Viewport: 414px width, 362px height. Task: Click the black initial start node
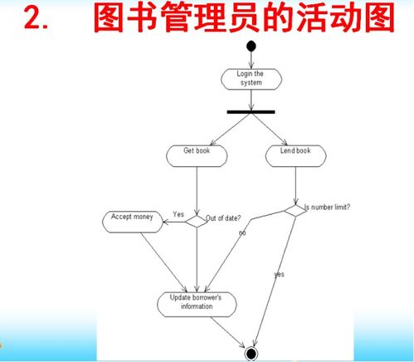pos(251,46)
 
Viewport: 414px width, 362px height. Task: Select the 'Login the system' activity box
pos(251,79)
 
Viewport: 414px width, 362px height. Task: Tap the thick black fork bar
pos(251,112)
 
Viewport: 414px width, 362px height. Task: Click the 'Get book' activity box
pos(197,156)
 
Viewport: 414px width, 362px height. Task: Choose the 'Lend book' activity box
pos(296,156)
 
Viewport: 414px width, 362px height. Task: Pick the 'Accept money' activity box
pos(133,222)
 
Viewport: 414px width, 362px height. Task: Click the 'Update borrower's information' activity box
pos(197,305)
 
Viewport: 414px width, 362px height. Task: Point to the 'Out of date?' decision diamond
pos(197,222)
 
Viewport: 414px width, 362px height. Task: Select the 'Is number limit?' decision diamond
pos(295,211)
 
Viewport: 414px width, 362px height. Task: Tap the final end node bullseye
pos(251,354)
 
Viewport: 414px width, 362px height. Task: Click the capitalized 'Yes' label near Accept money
pos(178,214)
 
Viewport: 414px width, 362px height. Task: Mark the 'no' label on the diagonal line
pos(242,233)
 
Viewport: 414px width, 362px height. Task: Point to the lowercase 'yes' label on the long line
pos(279,274)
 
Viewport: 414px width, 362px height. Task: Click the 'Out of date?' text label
pos(223,218)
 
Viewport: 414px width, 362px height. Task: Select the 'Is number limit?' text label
pos(327,207)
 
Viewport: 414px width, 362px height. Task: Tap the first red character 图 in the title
pos(109,17)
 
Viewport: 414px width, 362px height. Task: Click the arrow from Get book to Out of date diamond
pos(197,191)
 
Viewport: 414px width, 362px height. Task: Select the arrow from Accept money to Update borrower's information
pos(164,262)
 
